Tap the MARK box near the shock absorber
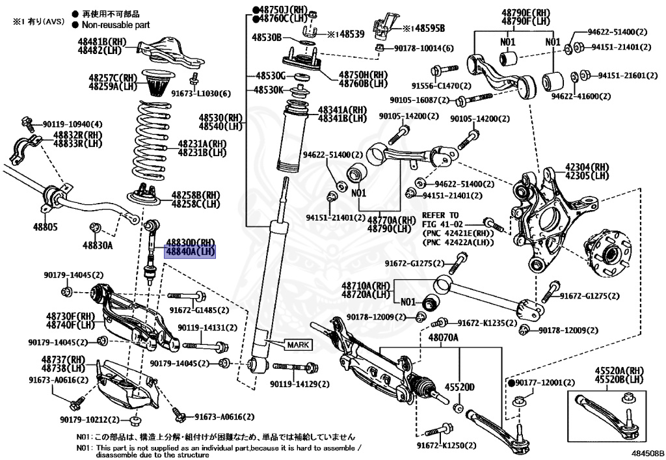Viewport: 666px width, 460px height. (x=295, y=344)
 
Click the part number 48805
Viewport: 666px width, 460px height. (x=45, y=228)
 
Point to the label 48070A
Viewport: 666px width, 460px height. (x=443, y=338)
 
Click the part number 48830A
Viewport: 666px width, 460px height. (x=98, y=245)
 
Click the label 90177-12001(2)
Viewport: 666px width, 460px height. (x=545, y=382)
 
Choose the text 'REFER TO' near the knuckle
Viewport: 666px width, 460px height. (x=440, y=215)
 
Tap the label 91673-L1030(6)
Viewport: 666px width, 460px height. (x=201, y=94)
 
